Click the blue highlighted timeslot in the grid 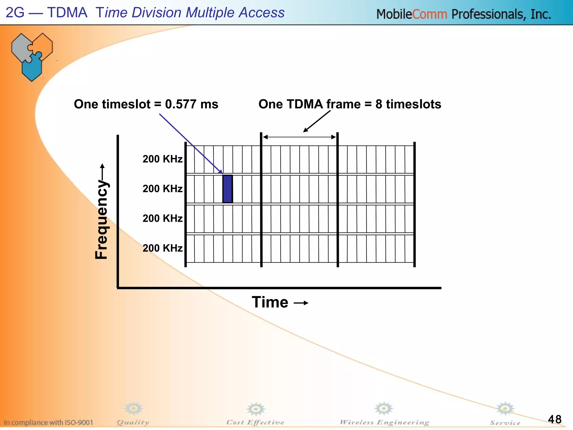(x=227, y=189)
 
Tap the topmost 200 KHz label (x=162, y=159)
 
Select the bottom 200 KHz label (x=162, y=248)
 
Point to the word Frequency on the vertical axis (x=102, y=220)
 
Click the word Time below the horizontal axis (x=270, y=302)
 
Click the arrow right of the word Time (x=301, y=303)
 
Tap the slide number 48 (x=555, y=419)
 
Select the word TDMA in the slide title (x=67, y=13)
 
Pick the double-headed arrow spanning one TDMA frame (x=299, y=137)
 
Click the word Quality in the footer (x=133, y=422)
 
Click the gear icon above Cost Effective (x=255, y=409)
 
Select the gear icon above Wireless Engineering (x=384, y=409)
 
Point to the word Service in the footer (x=505, y=423)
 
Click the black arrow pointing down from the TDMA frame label (x=317, y=121)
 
